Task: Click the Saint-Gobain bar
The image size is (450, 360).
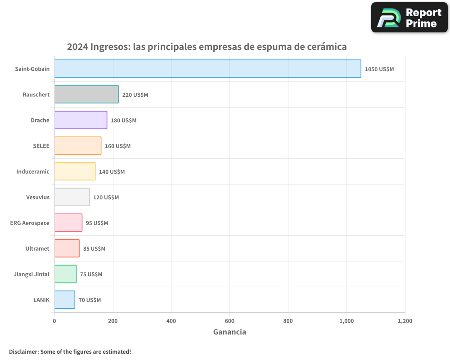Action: point(207,69)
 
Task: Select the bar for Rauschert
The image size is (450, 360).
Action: point(86,94)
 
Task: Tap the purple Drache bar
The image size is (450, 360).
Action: point(81,120)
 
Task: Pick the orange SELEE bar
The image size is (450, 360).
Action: point(78,146)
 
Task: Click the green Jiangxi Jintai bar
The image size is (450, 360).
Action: point(65,274)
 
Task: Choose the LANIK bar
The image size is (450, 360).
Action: point(64,300)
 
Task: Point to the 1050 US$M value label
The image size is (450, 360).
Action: point(379,69)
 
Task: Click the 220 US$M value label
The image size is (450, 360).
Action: point(135,95)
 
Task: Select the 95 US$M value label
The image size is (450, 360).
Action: point(97,223)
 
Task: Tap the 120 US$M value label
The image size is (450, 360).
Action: point(106,198)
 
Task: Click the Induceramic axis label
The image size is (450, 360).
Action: point(33,171)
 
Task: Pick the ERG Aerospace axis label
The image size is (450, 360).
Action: point(30,223)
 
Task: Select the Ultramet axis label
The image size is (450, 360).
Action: point(37,248)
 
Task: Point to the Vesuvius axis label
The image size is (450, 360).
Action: point(38,197)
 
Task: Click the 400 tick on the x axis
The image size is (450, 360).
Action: point(171,321)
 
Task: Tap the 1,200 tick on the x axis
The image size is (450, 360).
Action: point(405,321)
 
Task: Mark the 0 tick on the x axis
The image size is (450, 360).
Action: point(54,321)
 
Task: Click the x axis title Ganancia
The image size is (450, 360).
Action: point(229,332)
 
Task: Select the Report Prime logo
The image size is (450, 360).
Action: point(409,18)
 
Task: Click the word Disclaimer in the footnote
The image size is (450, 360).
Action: point(23,351)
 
